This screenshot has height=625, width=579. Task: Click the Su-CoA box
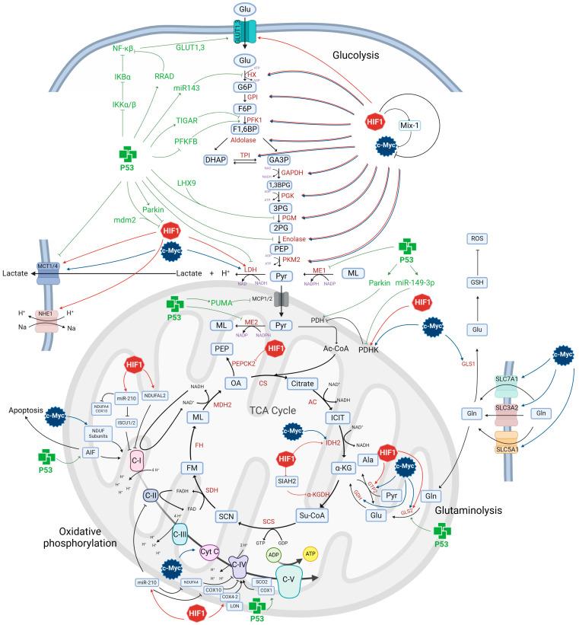point(313,516)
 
